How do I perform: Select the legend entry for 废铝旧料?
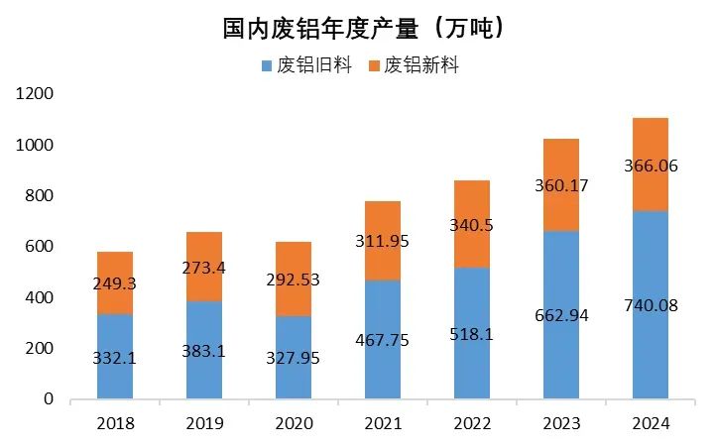pyautogui.click(x=305, y=66)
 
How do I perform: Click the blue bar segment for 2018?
pyautogui.click(x=115, y=377)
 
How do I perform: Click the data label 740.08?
pyautogui.click(x=651, y=305)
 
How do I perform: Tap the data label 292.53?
pyautogui.click(x=294, y=280)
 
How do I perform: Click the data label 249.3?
pyautogui.click(x=115, y=283)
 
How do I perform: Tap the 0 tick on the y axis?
pyautogui.click(x=48, y=399)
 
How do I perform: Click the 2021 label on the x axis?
pyautogui.click(x=383, y=423)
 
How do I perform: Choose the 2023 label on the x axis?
pyautogui.click(x=561, y=423)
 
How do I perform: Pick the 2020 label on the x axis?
pyautogui.click(x=294, y=423)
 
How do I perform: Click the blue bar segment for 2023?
pyautogui.click(x=561, y=367)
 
